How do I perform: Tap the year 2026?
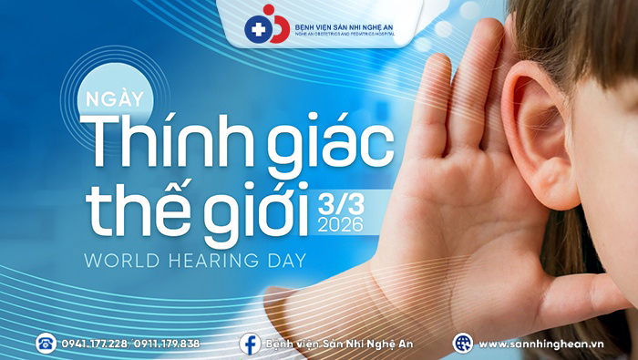[342, 223]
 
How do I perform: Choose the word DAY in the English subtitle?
[283, 260]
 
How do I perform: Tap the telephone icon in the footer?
[46, 343]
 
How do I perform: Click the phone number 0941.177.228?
[94, 344]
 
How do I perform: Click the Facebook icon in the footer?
[250, 343]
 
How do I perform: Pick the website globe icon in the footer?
[463, 343]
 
